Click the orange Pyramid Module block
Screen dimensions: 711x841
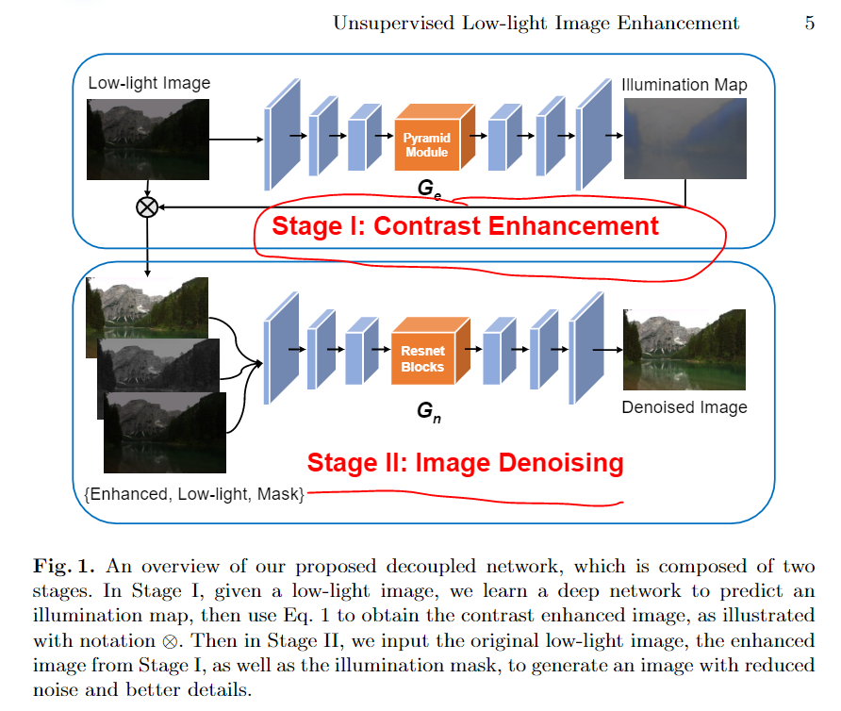(x=428, y=144)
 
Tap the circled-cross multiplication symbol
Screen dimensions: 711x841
(x=147, y=207)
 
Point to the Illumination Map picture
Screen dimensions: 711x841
(x=684, y=139)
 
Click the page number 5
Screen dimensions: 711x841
(x=809, y=24)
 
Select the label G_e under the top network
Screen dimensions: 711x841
(x=430, y=190)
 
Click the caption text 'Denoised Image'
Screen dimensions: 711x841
(x=684, y=407)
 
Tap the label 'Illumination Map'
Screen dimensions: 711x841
(x=684, y=85)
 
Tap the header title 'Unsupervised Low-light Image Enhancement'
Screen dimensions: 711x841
(x=536, y=24)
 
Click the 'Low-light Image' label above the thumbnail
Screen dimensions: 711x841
(x=149, y=83)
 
